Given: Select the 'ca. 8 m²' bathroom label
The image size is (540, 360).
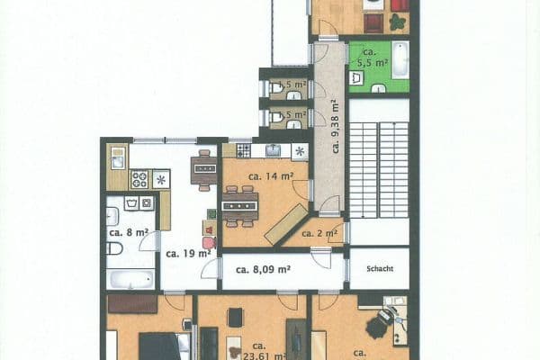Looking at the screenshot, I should pos(127,232).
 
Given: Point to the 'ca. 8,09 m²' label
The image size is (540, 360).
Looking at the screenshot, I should pos(263,268).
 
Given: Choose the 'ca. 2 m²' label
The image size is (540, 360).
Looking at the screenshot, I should pos(320,234).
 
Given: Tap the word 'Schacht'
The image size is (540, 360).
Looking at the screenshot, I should pos(378,268).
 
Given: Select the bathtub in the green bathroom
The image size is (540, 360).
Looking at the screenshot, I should pos(400,61).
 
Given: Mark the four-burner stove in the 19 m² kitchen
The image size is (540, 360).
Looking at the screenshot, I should pos(139,178).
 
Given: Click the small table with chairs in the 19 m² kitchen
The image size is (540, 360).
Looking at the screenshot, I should pos(204,170).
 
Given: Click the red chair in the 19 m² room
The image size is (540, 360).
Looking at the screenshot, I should pos(209,241).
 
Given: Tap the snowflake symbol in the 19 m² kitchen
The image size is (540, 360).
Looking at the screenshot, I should pos(161,178).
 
